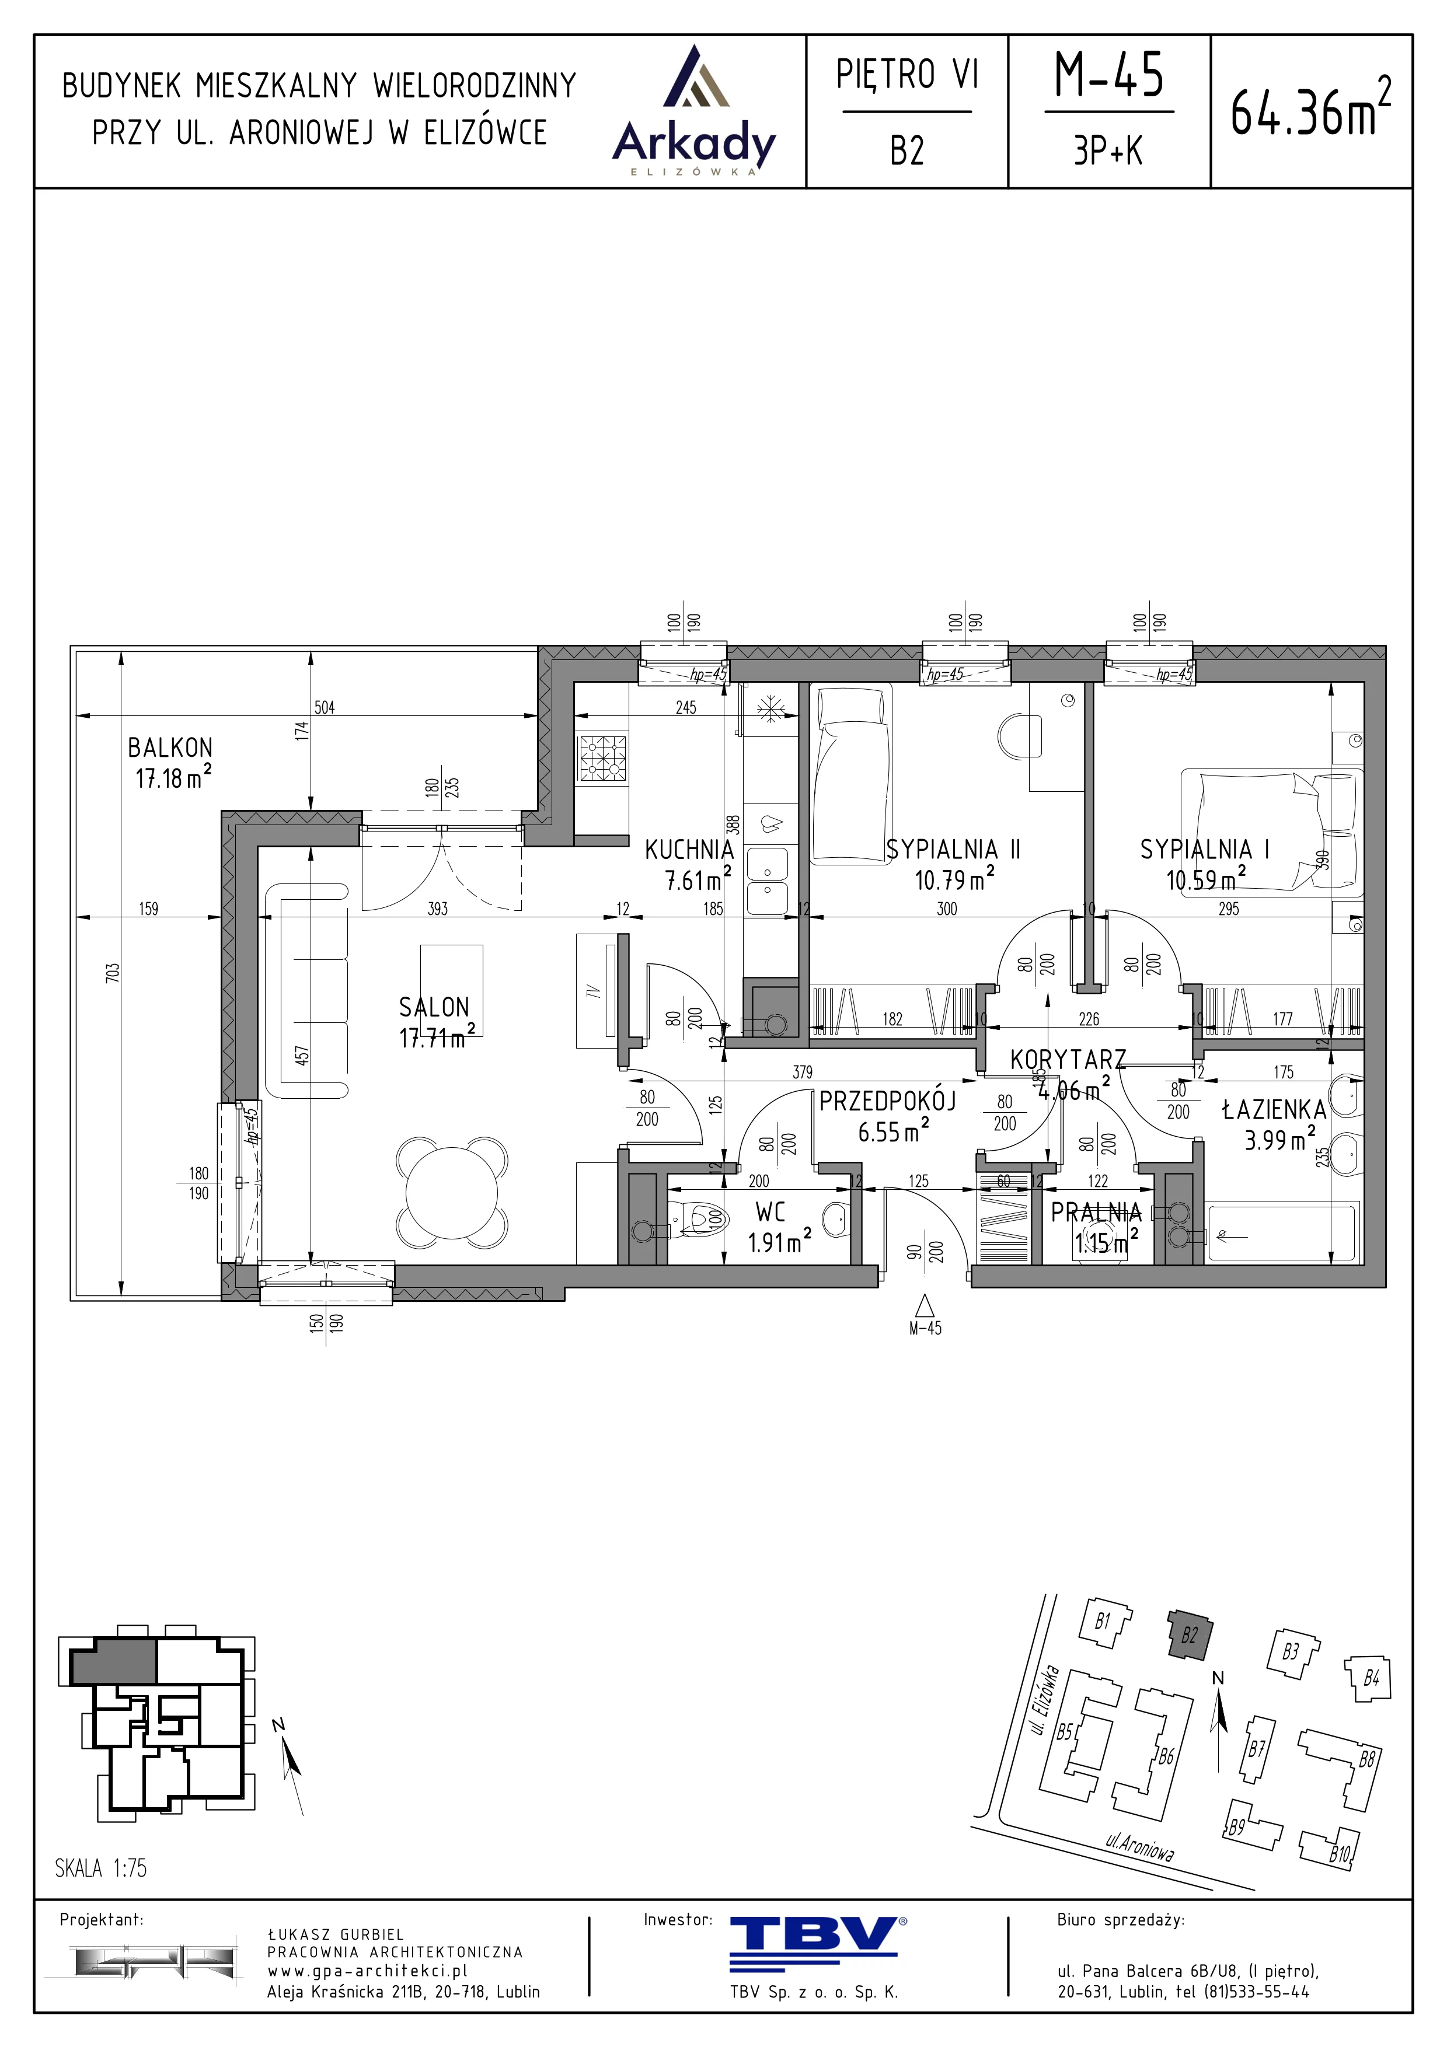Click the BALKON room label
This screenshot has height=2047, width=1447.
pos(170,747)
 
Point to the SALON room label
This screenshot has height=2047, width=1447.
pos(434,1007)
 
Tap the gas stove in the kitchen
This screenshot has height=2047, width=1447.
pos(603,757)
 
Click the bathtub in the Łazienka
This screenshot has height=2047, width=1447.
pos(1282,1235)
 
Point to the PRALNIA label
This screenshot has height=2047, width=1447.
pos(1096,1213)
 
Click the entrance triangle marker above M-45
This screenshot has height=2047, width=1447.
pos(925,1306)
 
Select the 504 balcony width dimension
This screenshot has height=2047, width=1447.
pos(325,707)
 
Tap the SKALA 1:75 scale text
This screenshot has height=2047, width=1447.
pos(101,1868)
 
